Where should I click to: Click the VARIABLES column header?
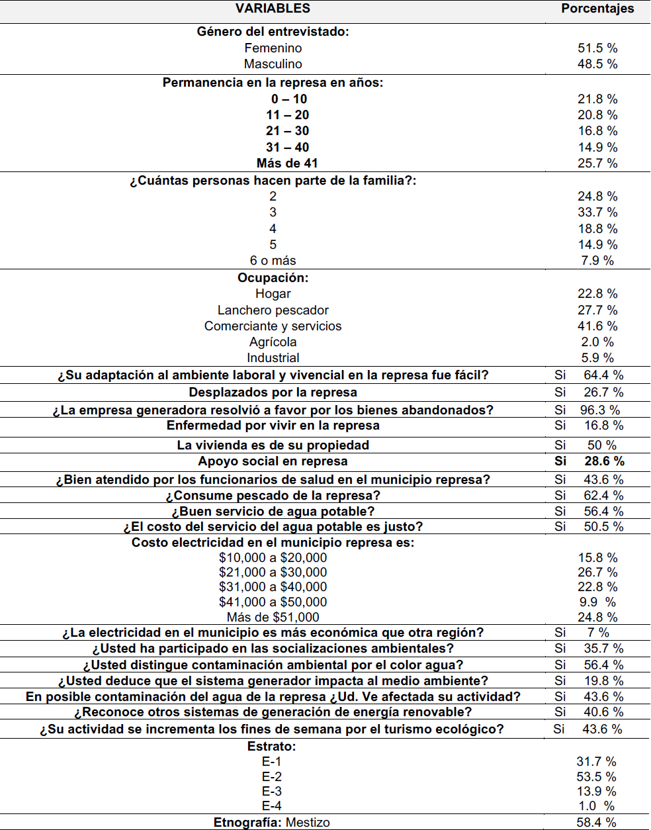point(273,9)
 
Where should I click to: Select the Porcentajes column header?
point(597,9)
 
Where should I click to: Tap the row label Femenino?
point(273,48)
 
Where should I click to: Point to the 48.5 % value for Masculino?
point(597,64)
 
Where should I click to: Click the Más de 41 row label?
point(287,163)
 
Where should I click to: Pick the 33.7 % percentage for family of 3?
point(597,212)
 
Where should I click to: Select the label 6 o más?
point(273,261)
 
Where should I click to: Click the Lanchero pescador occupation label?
point(273,310)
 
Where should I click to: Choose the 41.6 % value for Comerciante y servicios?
point(597,326)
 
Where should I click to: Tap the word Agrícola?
point(273,342)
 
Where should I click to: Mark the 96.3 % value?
point(600,410)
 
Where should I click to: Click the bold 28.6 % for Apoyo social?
point(604,461)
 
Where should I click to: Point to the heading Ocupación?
point(273,278)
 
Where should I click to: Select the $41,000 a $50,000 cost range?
point(273,602)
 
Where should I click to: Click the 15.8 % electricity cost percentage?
point(597,558)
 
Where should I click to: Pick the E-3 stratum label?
point(271,792)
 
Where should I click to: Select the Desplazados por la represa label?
point(273,392)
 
